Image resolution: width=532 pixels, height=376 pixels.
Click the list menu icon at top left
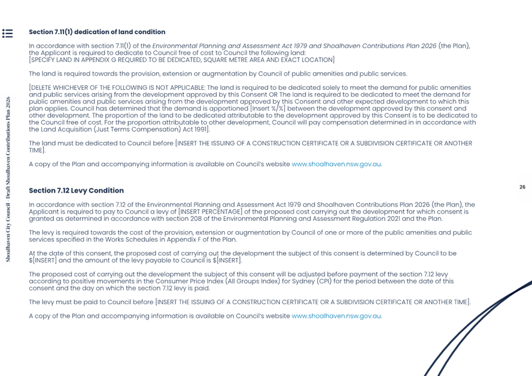7,34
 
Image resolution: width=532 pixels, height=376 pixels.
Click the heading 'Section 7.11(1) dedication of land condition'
97,32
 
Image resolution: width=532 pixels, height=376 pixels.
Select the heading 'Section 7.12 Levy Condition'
76,190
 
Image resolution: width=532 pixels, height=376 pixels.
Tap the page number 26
522,187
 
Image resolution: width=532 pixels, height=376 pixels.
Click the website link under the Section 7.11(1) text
336,164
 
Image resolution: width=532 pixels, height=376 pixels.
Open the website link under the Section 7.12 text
336,316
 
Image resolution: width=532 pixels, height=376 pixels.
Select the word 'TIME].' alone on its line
37,150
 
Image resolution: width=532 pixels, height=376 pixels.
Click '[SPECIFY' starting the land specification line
44,60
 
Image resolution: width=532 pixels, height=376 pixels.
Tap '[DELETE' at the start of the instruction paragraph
42,88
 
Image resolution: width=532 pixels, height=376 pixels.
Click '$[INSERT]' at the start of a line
42,260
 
